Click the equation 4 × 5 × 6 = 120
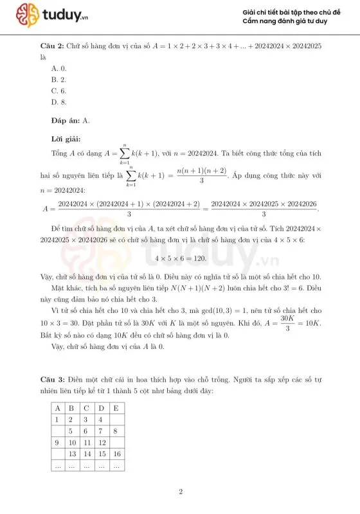coord(179,259)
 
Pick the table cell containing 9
coord(58,443)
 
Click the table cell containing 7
coord(101,431)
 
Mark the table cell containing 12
coord(101,443)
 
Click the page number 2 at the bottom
coord(181,492)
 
